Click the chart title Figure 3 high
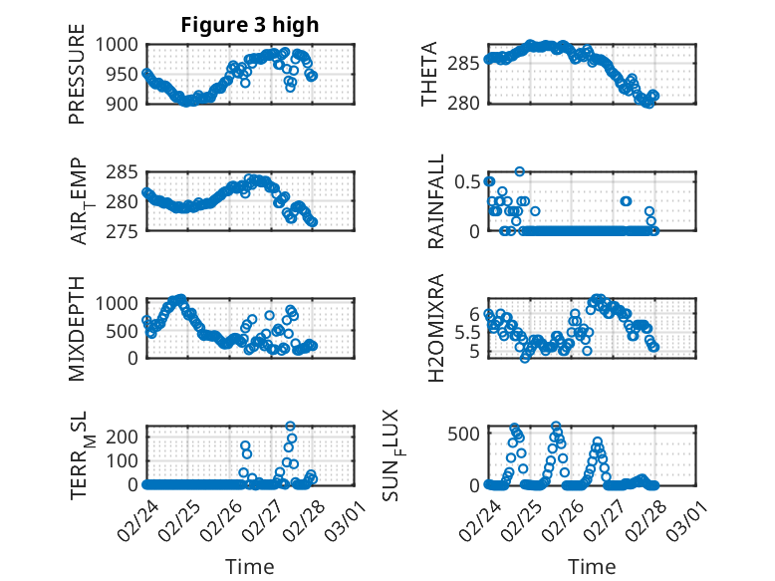pos(250,25)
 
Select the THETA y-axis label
pos(429,74)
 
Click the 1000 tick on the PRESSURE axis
pos(124,45)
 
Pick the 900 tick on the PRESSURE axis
pos(128,103)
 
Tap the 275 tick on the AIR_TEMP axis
pos(128,231)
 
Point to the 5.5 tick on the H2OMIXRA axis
pos(467,332)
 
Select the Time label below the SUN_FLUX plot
pos(592,566)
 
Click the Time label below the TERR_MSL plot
pos(250,566)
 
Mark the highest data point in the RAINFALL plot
pos(519,171)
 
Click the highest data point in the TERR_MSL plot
pos(291,427)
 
